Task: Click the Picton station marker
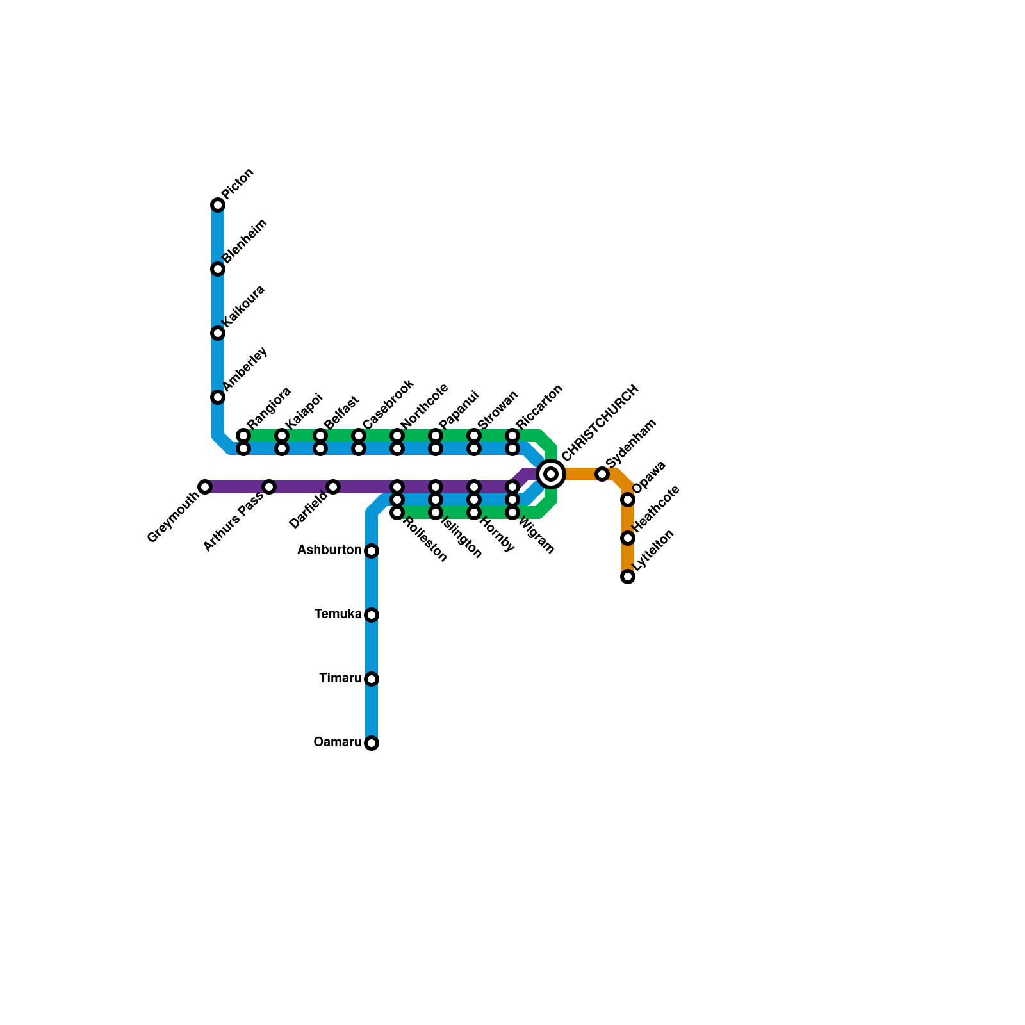tap(218, 205)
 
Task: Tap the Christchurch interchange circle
tap(551, 474)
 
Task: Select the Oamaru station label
tap(337, 742)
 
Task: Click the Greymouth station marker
tap(205, 487)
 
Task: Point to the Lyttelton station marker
tap(628, 577)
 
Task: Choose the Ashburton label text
tap(329, 550)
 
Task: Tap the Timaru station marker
tap(372, 679)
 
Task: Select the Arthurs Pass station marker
tap(269, 487)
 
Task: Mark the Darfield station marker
tap(333, 487)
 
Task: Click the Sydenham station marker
tap(602, 474)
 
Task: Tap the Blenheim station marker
tap(218, 269)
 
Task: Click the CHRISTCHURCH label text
tap(600, 423)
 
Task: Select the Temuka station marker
tap(372, 615)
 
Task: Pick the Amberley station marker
tap(218, 397)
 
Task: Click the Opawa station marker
tap(628, 500)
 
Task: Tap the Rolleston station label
tap(425, 540)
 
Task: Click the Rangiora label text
tap(269, 407)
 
